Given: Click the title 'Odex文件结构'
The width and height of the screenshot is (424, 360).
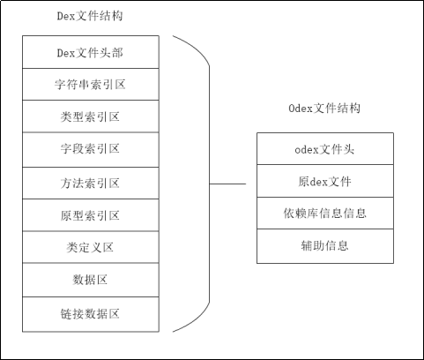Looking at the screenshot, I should pos(324,108).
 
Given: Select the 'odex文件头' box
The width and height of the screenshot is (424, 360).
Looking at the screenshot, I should pos(324,148).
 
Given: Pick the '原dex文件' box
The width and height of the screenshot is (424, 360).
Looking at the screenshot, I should pos(324,181).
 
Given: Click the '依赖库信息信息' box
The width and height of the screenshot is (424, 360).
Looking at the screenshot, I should pos(324,214).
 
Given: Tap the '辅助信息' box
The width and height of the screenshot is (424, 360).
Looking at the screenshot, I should pos(324,246).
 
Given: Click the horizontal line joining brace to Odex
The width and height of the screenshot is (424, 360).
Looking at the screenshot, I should pos(227,184).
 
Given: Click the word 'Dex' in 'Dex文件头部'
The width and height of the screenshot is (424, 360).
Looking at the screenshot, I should pos(67,52).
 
